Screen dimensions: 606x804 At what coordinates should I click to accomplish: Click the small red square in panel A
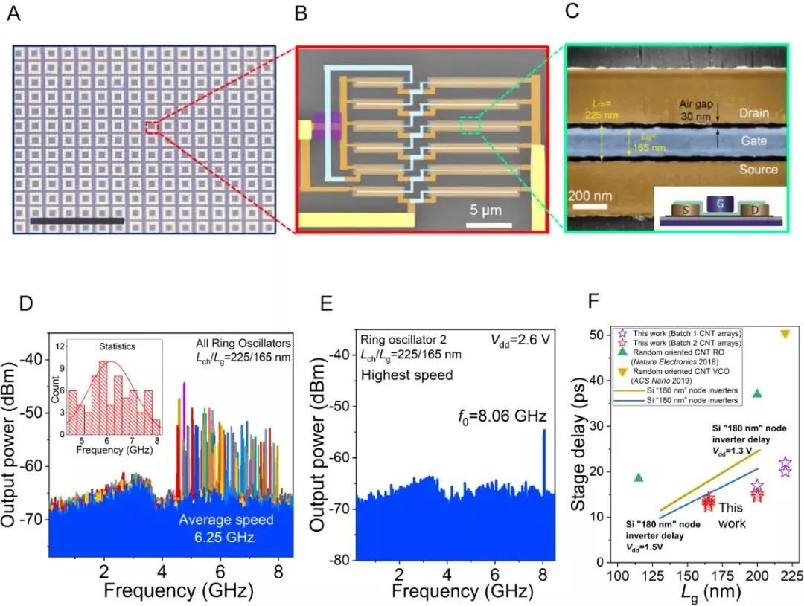click(x=153, y=127)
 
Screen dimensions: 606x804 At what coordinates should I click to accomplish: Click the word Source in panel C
click(x=756, y=170)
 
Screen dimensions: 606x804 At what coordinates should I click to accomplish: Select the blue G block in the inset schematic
click(x=715, y=202)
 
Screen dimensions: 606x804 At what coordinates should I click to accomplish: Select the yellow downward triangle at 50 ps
click(x=785, y=334)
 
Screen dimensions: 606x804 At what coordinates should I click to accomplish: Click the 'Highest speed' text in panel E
click(x=406, y=375)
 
